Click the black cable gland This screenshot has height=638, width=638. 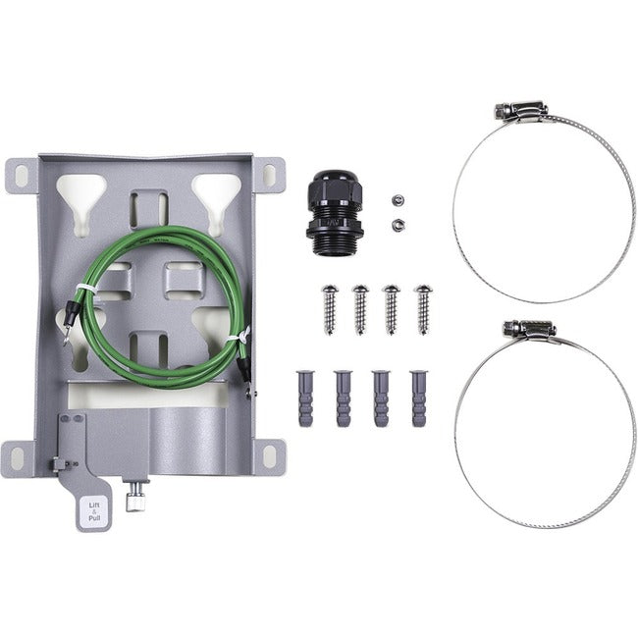point(331,213)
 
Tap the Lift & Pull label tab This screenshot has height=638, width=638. point(87,509)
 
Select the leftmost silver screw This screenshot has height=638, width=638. point(329,308)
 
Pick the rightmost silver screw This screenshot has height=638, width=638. point(423,308)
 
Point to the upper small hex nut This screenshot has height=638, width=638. point(395,201)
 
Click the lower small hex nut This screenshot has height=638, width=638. point(395,225)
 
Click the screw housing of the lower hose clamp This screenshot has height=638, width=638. point(528,330)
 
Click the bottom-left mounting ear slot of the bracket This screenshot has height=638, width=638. point(17,455)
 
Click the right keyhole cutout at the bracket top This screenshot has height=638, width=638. point(216,189)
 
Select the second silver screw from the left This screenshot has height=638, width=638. point(360,308)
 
